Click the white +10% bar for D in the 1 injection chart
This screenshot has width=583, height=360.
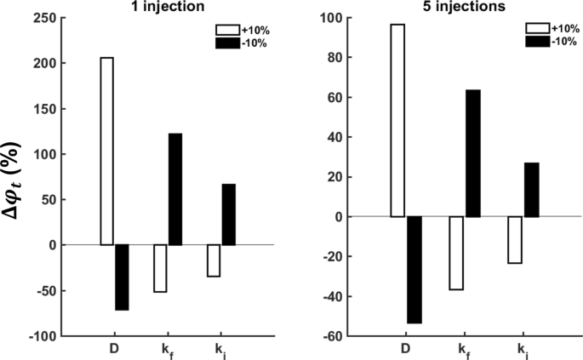[107, 151]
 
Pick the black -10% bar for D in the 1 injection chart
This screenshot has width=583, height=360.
[122, 277]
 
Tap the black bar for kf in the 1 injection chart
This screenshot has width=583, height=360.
[175, 189]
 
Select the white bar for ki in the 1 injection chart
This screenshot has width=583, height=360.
[214, 260]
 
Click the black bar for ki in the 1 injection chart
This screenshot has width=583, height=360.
[228, 214]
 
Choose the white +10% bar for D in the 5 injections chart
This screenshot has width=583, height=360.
[397, 121]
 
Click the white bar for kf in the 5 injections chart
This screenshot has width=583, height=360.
[457, 253]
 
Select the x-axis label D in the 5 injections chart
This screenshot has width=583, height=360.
[405, 348]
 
